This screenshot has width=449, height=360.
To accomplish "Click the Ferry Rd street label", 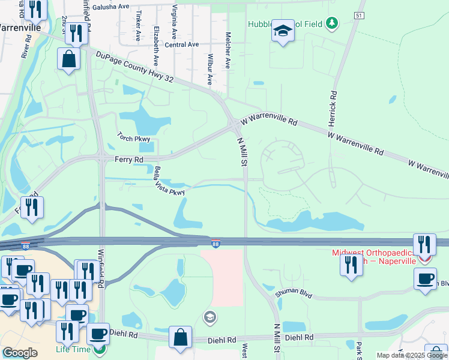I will click(x=129, y=160).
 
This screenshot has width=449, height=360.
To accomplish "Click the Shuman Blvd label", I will click(x=295, y=293).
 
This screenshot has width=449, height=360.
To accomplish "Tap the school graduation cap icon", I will click(x=283, y=31).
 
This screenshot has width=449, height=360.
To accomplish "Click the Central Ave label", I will click(x=181, y=44).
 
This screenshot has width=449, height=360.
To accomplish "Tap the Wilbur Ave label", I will click(x=209, y=70).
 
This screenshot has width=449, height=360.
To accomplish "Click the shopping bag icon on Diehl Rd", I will click(x=180, y=337).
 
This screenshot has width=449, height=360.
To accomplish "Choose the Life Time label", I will click(x=74, y=349).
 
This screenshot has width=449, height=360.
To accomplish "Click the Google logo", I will click(x=20, y=353).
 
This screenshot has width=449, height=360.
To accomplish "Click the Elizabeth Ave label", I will click(x=155, y=46).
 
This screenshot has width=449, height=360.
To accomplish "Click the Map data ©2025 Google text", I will click(x=412, y=355).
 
